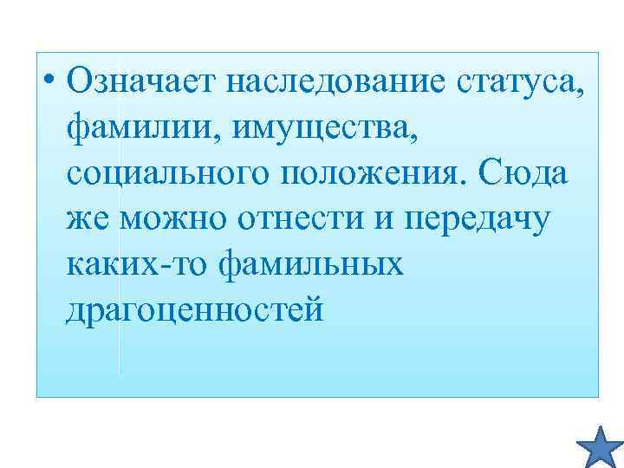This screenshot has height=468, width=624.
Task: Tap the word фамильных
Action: [x=312, y=266]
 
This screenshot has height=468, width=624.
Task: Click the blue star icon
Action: [x=600, y=445]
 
